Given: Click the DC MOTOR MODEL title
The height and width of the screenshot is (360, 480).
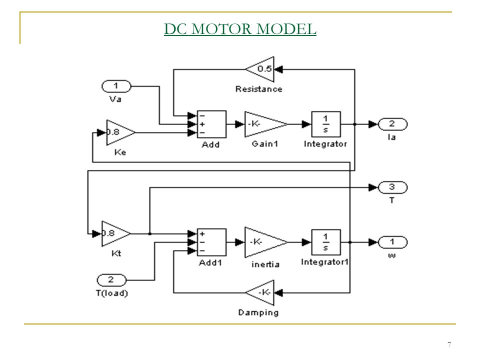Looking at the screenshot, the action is (x=240, y=29).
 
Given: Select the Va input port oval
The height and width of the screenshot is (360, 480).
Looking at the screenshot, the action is (x=116, y=86).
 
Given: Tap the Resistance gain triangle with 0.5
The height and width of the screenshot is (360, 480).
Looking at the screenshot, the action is (x=260, y=69).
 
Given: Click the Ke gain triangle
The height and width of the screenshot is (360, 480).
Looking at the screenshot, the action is (x=121, y=132).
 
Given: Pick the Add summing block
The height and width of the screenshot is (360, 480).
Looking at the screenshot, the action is (x=211, y=124).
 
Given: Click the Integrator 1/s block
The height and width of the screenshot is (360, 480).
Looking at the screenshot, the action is (x=326, y=124).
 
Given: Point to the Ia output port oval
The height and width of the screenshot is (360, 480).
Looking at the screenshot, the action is (x=393, y=124).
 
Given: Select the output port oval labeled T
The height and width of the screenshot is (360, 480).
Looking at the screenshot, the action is (x=393, y=187).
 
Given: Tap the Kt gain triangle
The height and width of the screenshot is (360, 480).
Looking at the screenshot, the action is (x=116, y=234).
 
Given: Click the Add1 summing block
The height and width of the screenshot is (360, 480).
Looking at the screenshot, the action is (x=211, y=242).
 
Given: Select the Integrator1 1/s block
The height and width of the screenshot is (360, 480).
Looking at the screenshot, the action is (x=326, y=242).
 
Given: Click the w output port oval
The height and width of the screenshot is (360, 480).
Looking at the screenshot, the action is (x=393, y=242).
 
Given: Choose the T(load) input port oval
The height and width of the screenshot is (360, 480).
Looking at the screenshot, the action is (x=111, y=280).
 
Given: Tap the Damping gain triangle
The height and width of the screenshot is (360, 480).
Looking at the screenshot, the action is (x=260, y=292).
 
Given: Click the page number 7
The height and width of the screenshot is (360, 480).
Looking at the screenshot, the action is (x=449, y=345).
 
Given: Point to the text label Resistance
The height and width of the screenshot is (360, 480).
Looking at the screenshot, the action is (x=258, y=89).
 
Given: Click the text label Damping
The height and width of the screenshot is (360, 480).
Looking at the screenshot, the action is (x=258, y=312).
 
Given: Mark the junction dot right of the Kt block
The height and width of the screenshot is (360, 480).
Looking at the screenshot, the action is (x=149, y=234).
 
